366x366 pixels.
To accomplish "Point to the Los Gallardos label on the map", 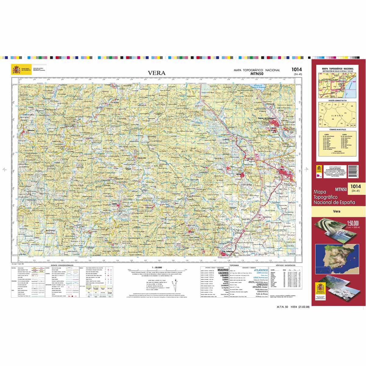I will point(229,251).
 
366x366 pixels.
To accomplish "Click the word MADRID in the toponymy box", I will point(223,270).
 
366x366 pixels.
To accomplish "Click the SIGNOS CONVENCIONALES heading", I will point(62,266).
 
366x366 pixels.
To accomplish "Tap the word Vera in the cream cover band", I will point(337,211).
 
